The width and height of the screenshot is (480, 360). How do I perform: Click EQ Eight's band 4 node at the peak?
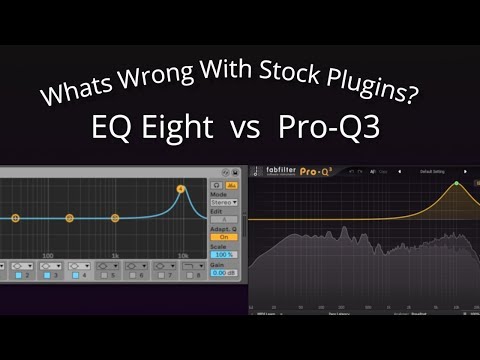pos(181,188)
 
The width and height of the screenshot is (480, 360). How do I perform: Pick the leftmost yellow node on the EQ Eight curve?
pos(15,217)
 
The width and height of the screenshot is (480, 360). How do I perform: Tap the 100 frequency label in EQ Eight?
pos(48,256)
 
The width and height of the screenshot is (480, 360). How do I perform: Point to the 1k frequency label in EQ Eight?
pos(116,256)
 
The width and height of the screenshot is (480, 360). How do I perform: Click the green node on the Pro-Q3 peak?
pos(456,184)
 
